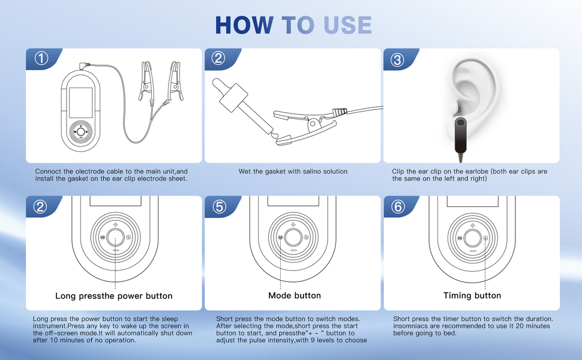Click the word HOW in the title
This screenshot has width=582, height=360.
pyautogui.click(x=244, y=25)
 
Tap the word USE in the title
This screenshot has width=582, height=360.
pyautogui.click(x=347, y=25)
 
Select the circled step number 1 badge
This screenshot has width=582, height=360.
pyautogui.click(x=41, y=58)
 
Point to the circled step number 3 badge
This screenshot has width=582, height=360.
pyautogui.click(x=398, y=59)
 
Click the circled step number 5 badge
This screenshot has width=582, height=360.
pyautogui.click(x=219, y=207)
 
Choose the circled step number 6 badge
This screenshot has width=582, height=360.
pyautogui.click(x=398, y=206)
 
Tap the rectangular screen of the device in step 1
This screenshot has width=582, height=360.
pyautogui.click(x=80, y=103)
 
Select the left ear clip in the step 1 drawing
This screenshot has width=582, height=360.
pyautogui.click(x=146, y=82)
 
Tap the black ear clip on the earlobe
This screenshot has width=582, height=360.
pyautogui.click(x=461, y=135)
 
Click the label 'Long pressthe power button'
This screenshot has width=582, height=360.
pyautogui.click(x=114, y=296)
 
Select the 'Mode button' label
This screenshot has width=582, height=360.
pyautogui.click(x=295, y=295)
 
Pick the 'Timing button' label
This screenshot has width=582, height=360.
pyautogui.click(x=472, y=295)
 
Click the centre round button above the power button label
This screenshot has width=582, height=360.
pyautogui.click(x=115, y=237)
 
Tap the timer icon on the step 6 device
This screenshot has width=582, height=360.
pyautogui.click(x=485, y=238)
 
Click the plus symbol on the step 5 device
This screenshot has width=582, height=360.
pyautogui.click(x=293, y=224)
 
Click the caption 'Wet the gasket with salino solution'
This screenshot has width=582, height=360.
pyautogui.click(x=293, y=172)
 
